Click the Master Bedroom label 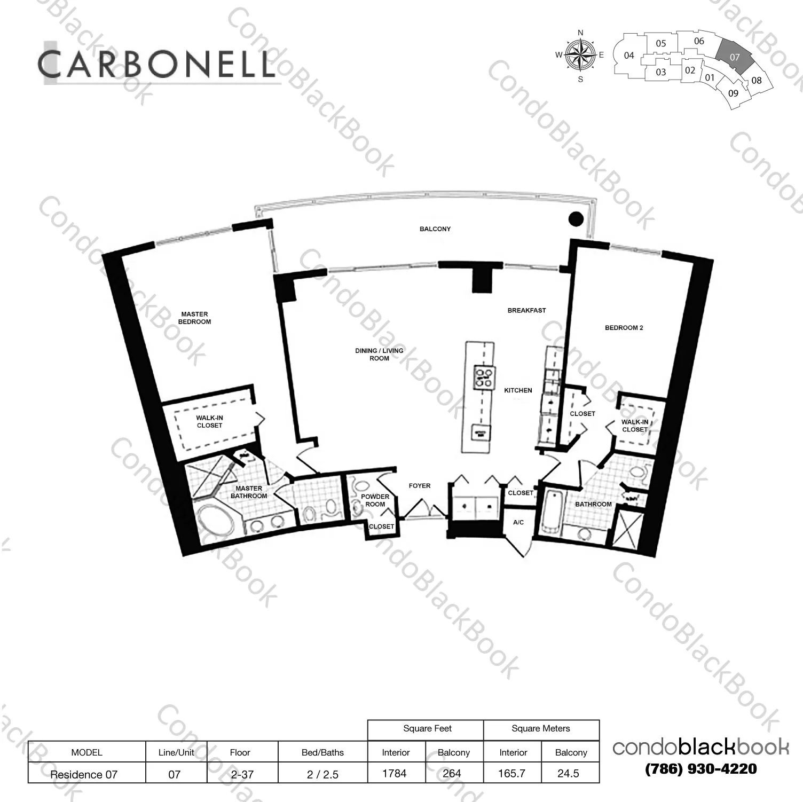click(194, 318)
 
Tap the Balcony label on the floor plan click(435, 229)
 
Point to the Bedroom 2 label click(624, 328)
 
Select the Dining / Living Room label click(379, 355)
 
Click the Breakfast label click(526, 310)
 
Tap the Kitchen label click(518, 390)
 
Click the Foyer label click(419, 486)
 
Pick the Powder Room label click(375, 500)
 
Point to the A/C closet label click(518, 522)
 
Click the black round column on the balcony click(576, 218)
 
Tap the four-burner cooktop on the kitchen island click(484, 376)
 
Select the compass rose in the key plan click(580, 55)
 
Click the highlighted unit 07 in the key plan click(735, 57)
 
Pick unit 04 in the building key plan click(629, 56)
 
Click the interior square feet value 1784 click(395, 773)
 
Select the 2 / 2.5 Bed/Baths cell click(322, 774)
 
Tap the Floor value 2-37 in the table click(241, 774)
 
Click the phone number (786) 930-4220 click(700, 769)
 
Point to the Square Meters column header click(540, 729)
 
